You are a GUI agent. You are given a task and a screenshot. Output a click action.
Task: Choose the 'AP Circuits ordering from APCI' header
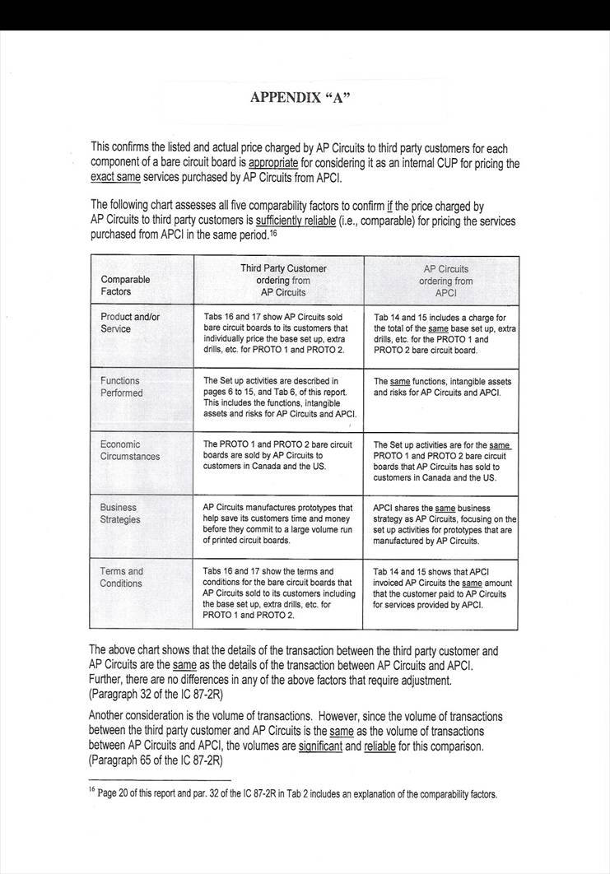pos(445,280)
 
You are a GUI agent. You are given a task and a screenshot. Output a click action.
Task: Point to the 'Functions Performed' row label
pos(121,387)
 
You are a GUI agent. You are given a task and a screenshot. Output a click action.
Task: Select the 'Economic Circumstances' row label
pos(130,450)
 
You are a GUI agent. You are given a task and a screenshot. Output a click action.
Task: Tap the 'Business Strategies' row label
pos(120,514)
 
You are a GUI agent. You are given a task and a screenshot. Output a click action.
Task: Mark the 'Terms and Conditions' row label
pos(121,577)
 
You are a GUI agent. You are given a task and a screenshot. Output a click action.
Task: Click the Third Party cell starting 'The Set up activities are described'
pos(279,397)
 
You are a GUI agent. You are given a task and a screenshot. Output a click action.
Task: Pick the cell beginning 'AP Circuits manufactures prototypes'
pos(277,524)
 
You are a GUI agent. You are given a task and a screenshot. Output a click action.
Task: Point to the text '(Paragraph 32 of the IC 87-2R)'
pos(156,695)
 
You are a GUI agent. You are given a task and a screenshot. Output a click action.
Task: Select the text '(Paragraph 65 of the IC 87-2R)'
pos(156,760)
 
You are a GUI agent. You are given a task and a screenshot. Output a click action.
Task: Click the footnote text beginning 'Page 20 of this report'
pos(297,795)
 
